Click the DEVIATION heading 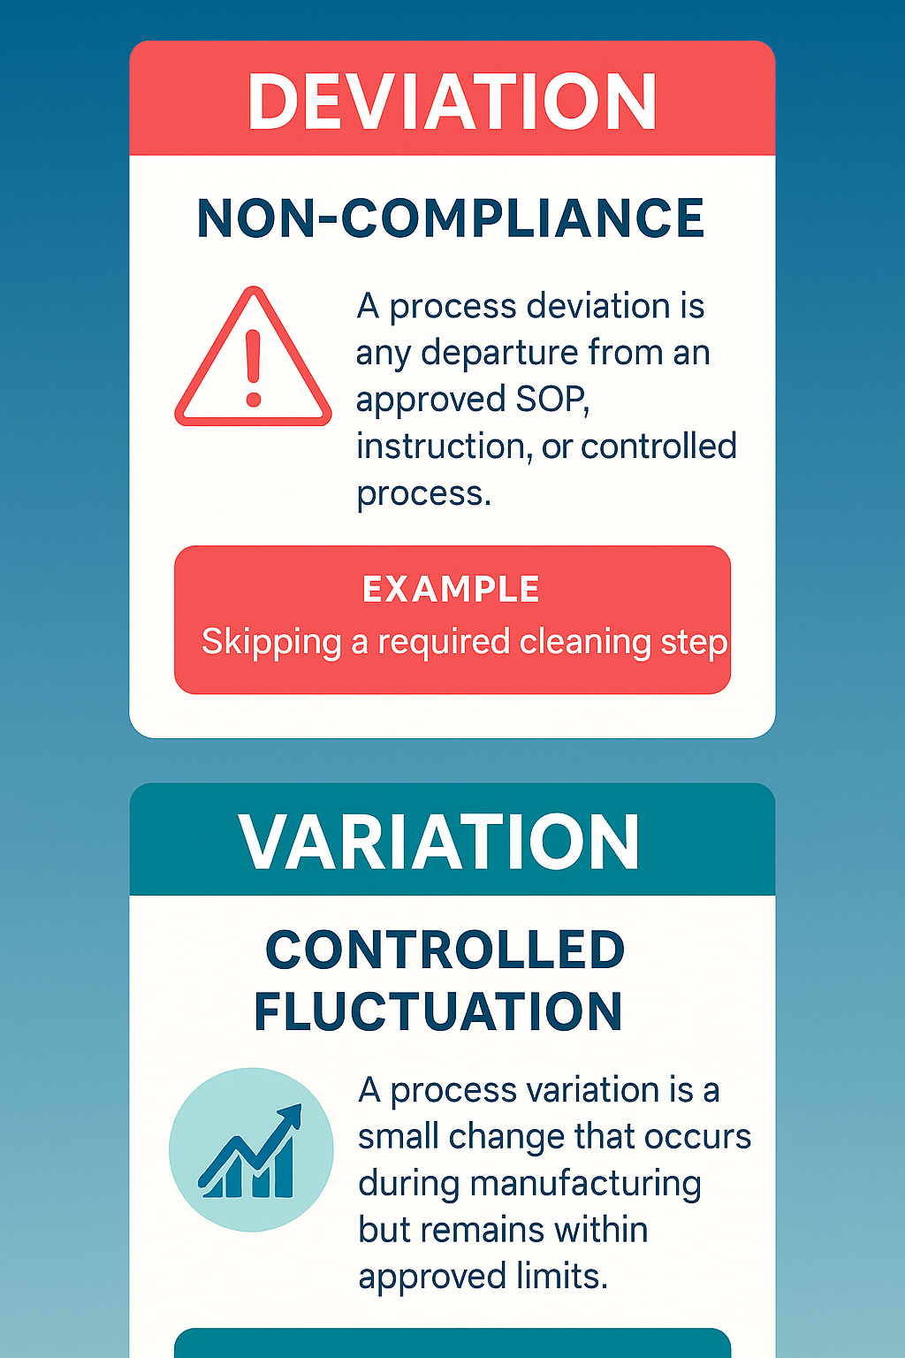point(452,102)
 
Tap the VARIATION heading point(439,843)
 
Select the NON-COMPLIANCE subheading point(451,218)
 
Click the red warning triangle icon point(254,359)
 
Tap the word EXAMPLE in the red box point(451,590)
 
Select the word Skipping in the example point(271,643)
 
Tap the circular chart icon point(251,1149)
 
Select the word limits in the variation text point(561,1277)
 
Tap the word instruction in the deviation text point(443,446)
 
